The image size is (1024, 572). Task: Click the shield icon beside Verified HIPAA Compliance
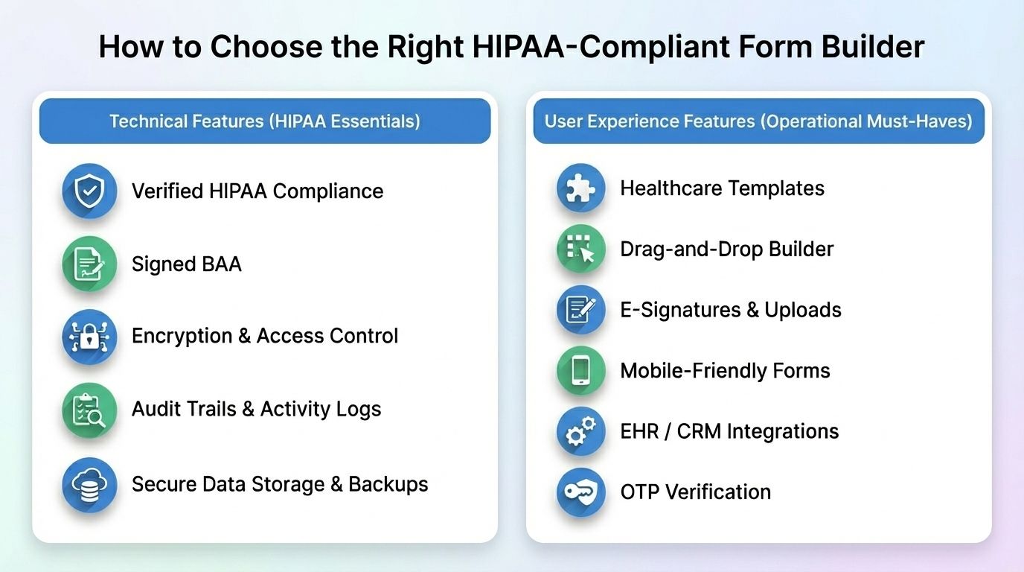[x=89, y=191]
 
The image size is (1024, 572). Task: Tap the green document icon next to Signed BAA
[x=89, y=264]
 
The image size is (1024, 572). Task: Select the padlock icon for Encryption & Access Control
[x=89, y=337]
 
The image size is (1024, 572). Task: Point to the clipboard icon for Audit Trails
[x=89, y=410]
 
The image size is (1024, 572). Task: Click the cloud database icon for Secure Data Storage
[x=89, y=484]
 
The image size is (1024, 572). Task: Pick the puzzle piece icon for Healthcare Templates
[x=580, y=188]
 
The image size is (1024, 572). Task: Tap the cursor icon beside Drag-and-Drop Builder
[x=580, y=249]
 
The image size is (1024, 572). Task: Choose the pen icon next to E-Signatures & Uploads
[x=580, y=310]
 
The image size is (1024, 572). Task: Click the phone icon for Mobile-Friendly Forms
[x=580, y=370]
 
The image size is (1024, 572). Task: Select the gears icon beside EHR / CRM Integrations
[x=580, y=431]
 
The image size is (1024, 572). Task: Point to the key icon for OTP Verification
[x=580, y=492]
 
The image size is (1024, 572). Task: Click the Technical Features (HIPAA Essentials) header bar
[x=265, y=121]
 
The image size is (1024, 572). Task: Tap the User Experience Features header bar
[x=758, y=121]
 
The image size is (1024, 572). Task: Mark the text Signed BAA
[x=186, y=264]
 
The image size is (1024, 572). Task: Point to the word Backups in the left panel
[x=388, y=484]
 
